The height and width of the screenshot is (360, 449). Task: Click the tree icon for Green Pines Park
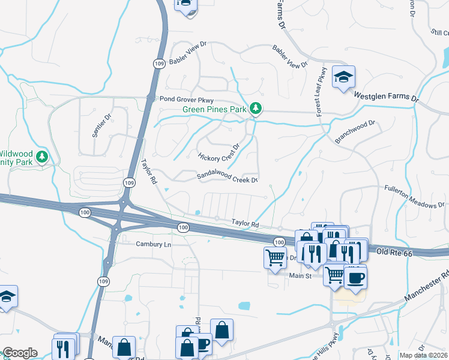pyautogui.click(x=256, y=107)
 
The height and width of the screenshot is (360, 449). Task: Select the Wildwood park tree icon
pyautogui.click(x=42, y=157)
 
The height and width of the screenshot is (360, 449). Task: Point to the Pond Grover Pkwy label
pyautogui.click(x=182, y=98)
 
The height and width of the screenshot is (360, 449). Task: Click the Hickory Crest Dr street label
pyautogui.click(x=219, y=152)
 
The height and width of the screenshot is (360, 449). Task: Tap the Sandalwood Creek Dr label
pyautogui.click(x=228, y=178)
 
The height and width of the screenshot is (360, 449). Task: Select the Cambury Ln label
pyautogui.click(x=154, y=244)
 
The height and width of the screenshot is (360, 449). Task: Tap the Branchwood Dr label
pyautogui.click(x=355, y=132)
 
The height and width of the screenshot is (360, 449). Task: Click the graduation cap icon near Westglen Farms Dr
pyautogui.click(x=344, y=77)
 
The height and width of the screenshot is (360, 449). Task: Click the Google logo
pyautogui.click(x=19, y=353)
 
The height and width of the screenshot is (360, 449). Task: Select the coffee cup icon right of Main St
pyautogui.click(x=355, y=278)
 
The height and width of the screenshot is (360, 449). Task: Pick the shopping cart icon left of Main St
pyautogui.click(x=275, y=259)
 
